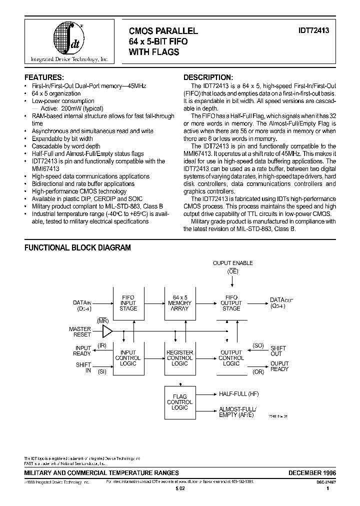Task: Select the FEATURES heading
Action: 44,77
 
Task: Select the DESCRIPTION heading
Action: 208,77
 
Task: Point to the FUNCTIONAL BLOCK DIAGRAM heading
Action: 77,247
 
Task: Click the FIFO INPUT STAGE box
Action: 128,303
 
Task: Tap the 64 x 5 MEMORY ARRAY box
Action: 179,303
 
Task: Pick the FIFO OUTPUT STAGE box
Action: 231,303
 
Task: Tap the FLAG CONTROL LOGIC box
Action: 179,402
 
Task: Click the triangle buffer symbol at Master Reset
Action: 107,331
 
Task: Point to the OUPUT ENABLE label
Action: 233,263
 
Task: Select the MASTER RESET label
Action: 80,332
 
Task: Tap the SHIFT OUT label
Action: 278,350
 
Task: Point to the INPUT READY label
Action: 83,350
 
